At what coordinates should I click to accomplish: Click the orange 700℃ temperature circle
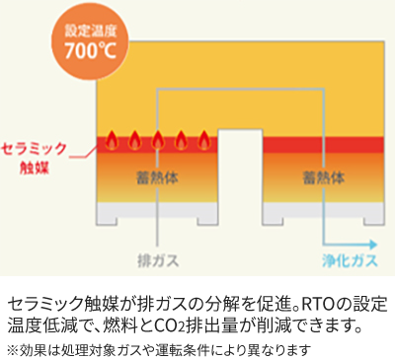90,43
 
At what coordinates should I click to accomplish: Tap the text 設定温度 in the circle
91,31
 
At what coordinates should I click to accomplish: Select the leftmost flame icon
112,140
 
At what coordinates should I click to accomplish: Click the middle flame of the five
158,140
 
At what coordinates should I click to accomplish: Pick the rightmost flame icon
204,140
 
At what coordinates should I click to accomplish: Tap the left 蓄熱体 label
158,178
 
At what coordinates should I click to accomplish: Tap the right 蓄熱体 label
324,178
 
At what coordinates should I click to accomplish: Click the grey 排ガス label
158,261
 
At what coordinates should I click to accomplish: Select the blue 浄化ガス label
350,261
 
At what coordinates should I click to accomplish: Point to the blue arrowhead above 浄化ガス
373,245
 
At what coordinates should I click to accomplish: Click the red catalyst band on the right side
323,145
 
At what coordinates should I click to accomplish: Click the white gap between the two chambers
240,177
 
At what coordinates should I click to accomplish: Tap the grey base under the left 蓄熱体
157,210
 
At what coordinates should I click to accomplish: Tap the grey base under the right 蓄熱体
323,210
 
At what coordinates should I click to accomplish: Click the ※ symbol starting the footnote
13,350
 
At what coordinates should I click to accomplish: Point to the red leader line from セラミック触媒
83,154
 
